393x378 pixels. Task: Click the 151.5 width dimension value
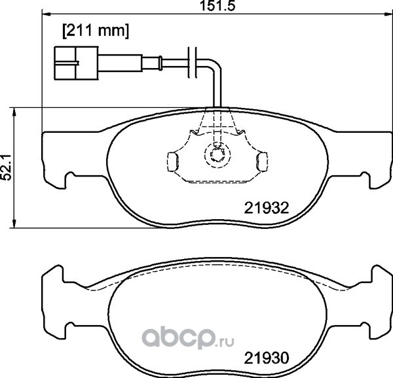pos(217,5)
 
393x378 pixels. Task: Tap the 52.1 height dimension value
pos(7,167)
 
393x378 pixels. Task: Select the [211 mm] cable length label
pos(96,31)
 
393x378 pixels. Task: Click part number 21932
pos(267,208)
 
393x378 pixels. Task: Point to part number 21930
pos(267,358)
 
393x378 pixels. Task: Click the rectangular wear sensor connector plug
pos(76,63)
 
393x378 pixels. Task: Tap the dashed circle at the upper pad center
pos(217,155)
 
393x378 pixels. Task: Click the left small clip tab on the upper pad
pos(172,162)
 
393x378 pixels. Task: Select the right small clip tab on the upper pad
pos(261,162)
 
